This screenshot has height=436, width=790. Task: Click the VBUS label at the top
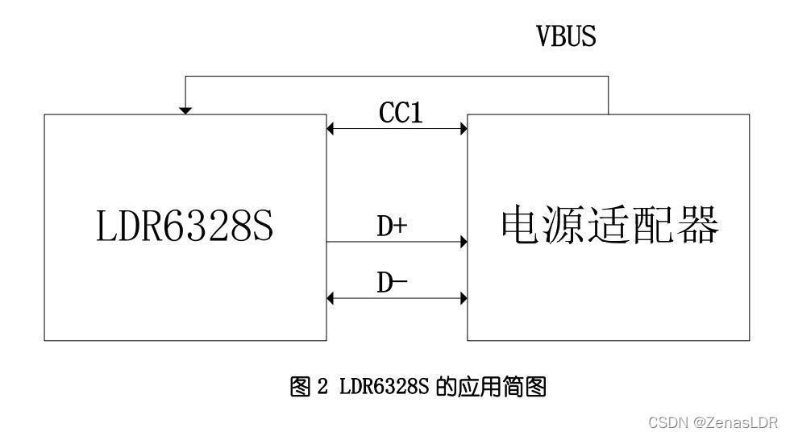click(566, 35)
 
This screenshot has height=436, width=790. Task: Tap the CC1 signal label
click(401, 112)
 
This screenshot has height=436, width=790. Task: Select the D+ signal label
click(392, 226)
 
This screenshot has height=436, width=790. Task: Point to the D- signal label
click(392, 282)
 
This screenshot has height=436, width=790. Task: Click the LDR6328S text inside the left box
click(185, 226)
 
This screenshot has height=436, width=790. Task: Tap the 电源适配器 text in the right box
click(609, 225)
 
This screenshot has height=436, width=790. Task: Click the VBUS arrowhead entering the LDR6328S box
click(185, 110)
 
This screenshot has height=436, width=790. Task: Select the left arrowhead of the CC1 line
click(330, 128)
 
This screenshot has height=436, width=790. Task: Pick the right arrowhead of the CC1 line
click(464, 128)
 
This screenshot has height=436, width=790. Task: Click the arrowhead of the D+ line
click(464, 242)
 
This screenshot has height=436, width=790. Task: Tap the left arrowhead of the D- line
click(330, 298)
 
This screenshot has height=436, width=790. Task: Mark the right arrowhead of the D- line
click(464, 298)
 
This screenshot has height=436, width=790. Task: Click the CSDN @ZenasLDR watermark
click(713, 422)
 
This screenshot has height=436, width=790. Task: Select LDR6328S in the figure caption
click(384, 387)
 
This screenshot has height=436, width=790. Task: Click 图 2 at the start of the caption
click(309, 387)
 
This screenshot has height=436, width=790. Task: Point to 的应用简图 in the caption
click(491, 387)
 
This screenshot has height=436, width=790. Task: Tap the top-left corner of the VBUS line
click(185, 76)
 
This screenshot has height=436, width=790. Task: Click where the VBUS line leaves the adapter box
click(608, 114)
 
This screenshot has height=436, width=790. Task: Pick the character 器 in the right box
click(698, 225)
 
